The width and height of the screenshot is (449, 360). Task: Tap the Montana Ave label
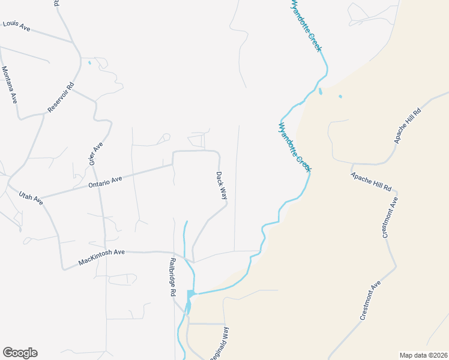(9, 85)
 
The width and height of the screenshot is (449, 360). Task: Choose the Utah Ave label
(31, 198)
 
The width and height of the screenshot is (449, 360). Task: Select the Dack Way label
(221, 185)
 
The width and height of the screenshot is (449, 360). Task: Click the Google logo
(20, 353)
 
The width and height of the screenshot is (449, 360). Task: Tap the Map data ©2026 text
(423, 355)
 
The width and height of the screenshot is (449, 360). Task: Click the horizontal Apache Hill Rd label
(371, 179)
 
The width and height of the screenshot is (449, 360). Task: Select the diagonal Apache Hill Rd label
(408, 126)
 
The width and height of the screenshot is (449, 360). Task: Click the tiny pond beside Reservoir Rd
(90, 62)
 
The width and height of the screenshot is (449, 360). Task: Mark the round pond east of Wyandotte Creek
(340, 96)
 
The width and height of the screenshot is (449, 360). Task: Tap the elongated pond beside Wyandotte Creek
(321, 92)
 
